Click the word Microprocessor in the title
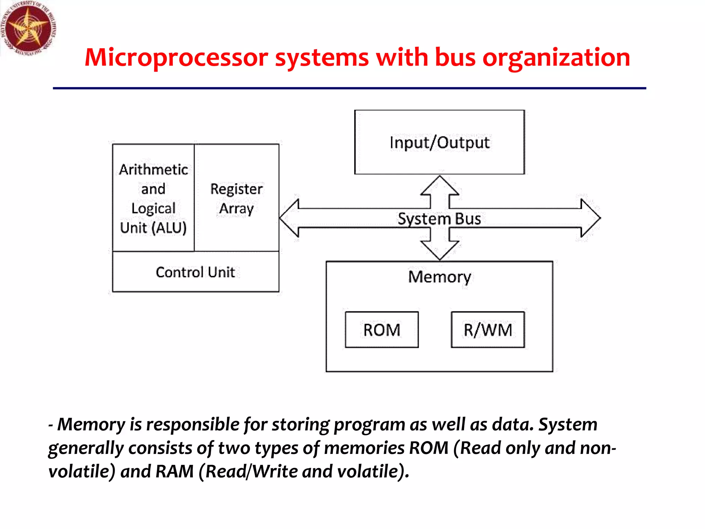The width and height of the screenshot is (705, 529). (176, 58)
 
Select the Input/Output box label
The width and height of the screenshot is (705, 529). (440, 143)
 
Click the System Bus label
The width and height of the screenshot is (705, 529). (439, 219)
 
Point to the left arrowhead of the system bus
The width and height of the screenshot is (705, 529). (289, 218)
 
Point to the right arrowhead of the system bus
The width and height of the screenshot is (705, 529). (591, 218)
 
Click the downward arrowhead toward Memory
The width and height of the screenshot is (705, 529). (440, 251)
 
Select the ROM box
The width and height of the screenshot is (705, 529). (382, 330)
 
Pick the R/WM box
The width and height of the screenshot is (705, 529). (488, 330)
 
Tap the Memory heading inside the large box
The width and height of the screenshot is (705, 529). (440, 277)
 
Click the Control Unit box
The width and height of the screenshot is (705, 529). (196, 272)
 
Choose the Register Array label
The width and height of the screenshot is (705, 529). (236, 199)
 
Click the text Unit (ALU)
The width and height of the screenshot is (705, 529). (153, 228)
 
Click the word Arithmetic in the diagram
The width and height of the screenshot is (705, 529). (154, 169)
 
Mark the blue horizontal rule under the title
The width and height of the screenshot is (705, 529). (349, 89)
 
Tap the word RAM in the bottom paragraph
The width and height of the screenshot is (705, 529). (175, 471)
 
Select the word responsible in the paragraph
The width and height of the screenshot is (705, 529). (193, 424)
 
